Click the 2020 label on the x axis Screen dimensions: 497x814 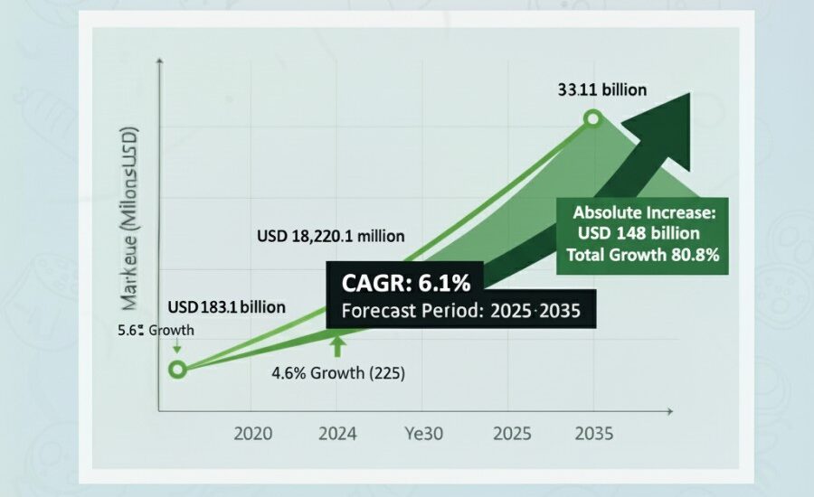tap(253, 433)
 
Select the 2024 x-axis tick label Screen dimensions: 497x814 tap(336, 433)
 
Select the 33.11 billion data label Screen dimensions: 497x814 tap(601, 90)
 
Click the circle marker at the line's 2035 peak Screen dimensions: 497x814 tap(592, 118)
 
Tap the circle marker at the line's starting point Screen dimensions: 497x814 tap(177, 369)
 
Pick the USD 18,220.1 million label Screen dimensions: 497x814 tap(330, 237)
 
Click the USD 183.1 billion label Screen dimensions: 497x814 tap(227, 307)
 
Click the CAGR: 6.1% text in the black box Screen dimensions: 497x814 tap(406, 283)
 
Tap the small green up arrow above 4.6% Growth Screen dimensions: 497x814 tap(336, 346)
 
